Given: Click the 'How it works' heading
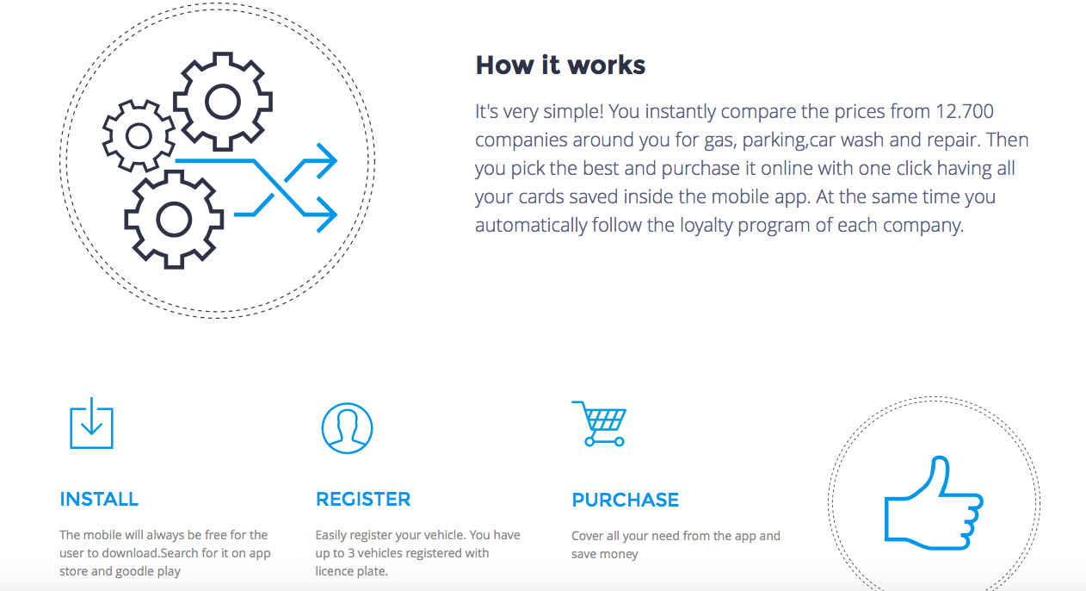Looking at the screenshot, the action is pyautogui.click(x=560, y=65).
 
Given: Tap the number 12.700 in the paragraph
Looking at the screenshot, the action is pyautogui.click(x=965, y=111).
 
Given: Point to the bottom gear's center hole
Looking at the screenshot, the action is pyautogui.click(x=173, y=220).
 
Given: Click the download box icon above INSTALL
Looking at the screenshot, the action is pyautogui.click(x=91, y=423).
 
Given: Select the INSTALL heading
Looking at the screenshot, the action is pyautogui.click(x=99, y=499).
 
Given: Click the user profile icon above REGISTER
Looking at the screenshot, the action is pyautogui.click(x=323, y=428).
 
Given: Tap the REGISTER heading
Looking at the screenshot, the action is pyautogui.click(x=363, y=499).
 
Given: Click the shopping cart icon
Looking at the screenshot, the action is pyautogui.click(x=599, y=423).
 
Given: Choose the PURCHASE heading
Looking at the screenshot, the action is pyautogui.click(x=625, y=500).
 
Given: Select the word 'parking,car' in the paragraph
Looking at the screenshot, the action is pyautogui.click(x=789, y=140).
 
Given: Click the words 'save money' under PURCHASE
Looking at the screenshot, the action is pyautogui.click(x=605, y=554).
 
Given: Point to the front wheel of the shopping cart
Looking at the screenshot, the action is pyautogui.click(x=620, y=442).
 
